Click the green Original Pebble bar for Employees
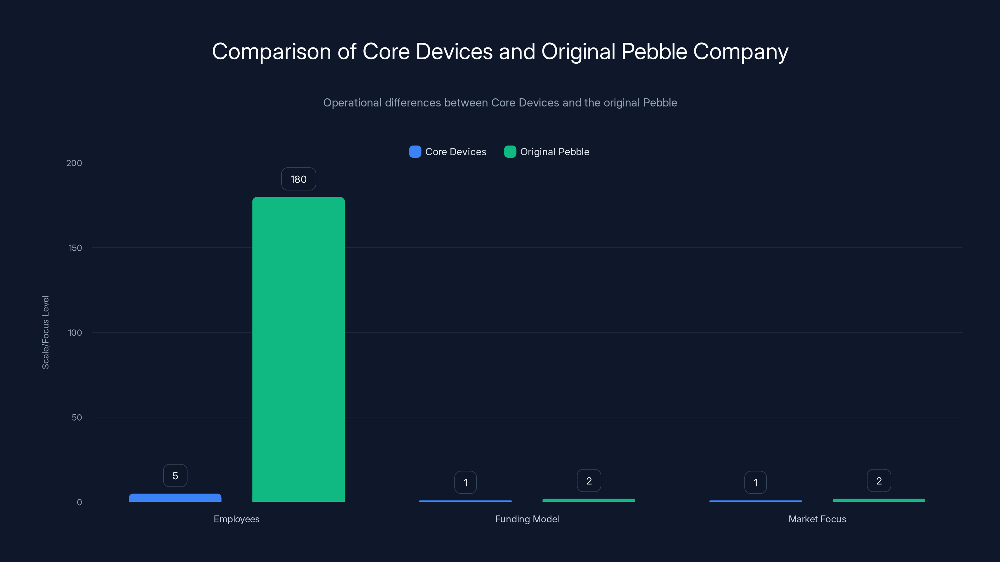click(x=298, y=349)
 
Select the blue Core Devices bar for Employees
click(x=175, y=498)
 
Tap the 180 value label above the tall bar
click(x=298, y=179)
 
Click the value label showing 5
click(x=175, y=476)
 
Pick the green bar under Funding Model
click(x=588, y=500)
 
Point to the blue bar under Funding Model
click(x=465, y=501)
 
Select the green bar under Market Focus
click(x=878, y=500)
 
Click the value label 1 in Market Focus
click(x=755, y=482)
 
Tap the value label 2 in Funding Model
click(x=588, y=481)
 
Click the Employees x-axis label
click(x=237, y=519)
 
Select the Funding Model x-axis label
click(x=527, y=519)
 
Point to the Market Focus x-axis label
click(x=817, y=519)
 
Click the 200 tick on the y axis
click(x=74, y=163)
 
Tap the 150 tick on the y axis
click(x=75, y=248)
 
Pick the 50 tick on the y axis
click(x=77, y=417)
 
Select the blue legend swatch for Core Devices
click(x=415, y=152)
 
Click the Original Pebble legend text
click(x=554, y=152)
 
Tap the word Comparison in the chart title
click(x=271, y=52)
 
